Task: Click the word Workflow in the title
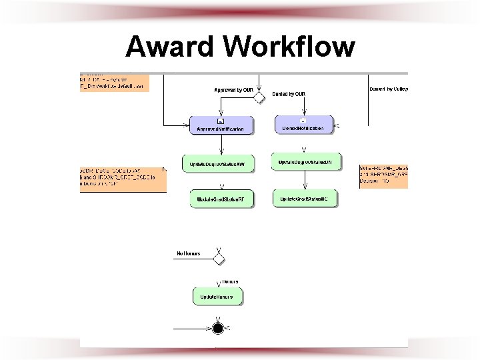coord(289,47)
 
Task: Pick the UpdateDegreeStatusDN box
coord(306,162)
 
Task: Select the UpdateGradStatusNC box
coord(305,198)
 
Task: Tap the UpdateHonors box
coord(217,295)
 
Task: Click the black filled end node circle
coord(217,328)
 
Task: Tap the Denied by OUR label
coord(289,95)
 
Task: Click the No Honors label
coord(189,253)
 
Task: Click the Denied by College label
coord(388,89)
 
